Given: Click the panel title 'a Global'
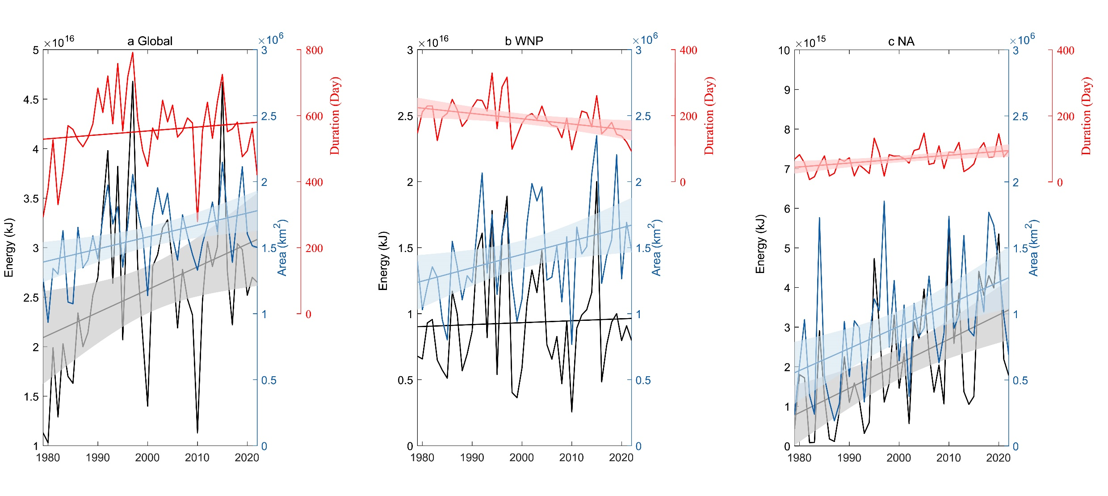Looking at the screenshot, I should (150, 41).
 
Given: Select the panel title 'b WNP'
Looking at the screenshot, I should (524, 41).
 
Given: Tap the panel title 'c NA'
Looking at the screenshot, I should (901, 42).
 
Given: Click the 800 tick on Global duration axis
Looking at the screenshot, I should (314, 50).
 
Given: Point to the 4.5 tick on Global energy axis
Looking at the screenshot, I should (31, 100).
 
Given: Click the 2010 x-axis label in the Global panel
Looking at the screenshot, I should (197, 458).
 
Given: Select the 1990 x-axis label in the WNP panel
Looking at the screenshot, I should (472, 458).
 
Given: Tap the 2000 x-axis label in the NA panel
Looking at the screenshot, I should (899, 458).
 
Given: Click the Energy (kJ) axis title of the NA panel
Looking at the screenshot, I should (760, 244).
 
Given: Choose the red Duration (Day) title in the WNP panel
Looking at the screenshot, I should (709, 116).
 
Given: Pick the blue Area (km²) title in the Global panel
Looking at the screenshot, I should (282, 248).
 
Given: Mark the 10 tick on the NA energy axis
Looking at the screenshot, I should (784, 50).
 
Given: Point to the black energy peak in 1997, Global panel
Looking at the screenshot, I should (133, 81).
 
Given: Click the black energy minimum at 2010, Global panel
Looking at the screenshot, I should (197, 433).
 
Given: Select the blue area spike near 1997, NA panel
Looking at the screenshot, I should (884, 202).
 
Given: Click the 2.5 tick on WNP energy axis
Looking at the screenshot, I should (405, 116).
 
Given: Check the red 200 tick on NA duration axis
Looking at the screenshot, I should (1065, 117).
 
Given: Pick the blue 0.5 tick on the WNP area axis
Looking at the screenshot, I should (643, 380).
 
